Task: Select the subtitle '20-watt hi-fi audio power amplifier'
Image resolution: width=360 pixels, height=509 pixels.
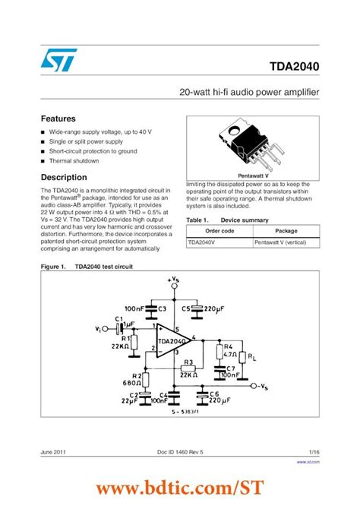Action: click(x=249, y=92)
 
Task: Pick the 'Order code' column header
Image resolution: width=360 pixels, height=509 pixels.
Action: click(x=219, y=230)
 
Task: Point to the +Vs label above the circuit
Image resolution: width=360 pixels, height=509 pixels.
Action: click(x=173, y=281)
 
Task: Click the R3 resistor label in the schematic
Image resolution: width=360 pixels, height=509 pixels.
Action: click(x=187, y=362)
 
